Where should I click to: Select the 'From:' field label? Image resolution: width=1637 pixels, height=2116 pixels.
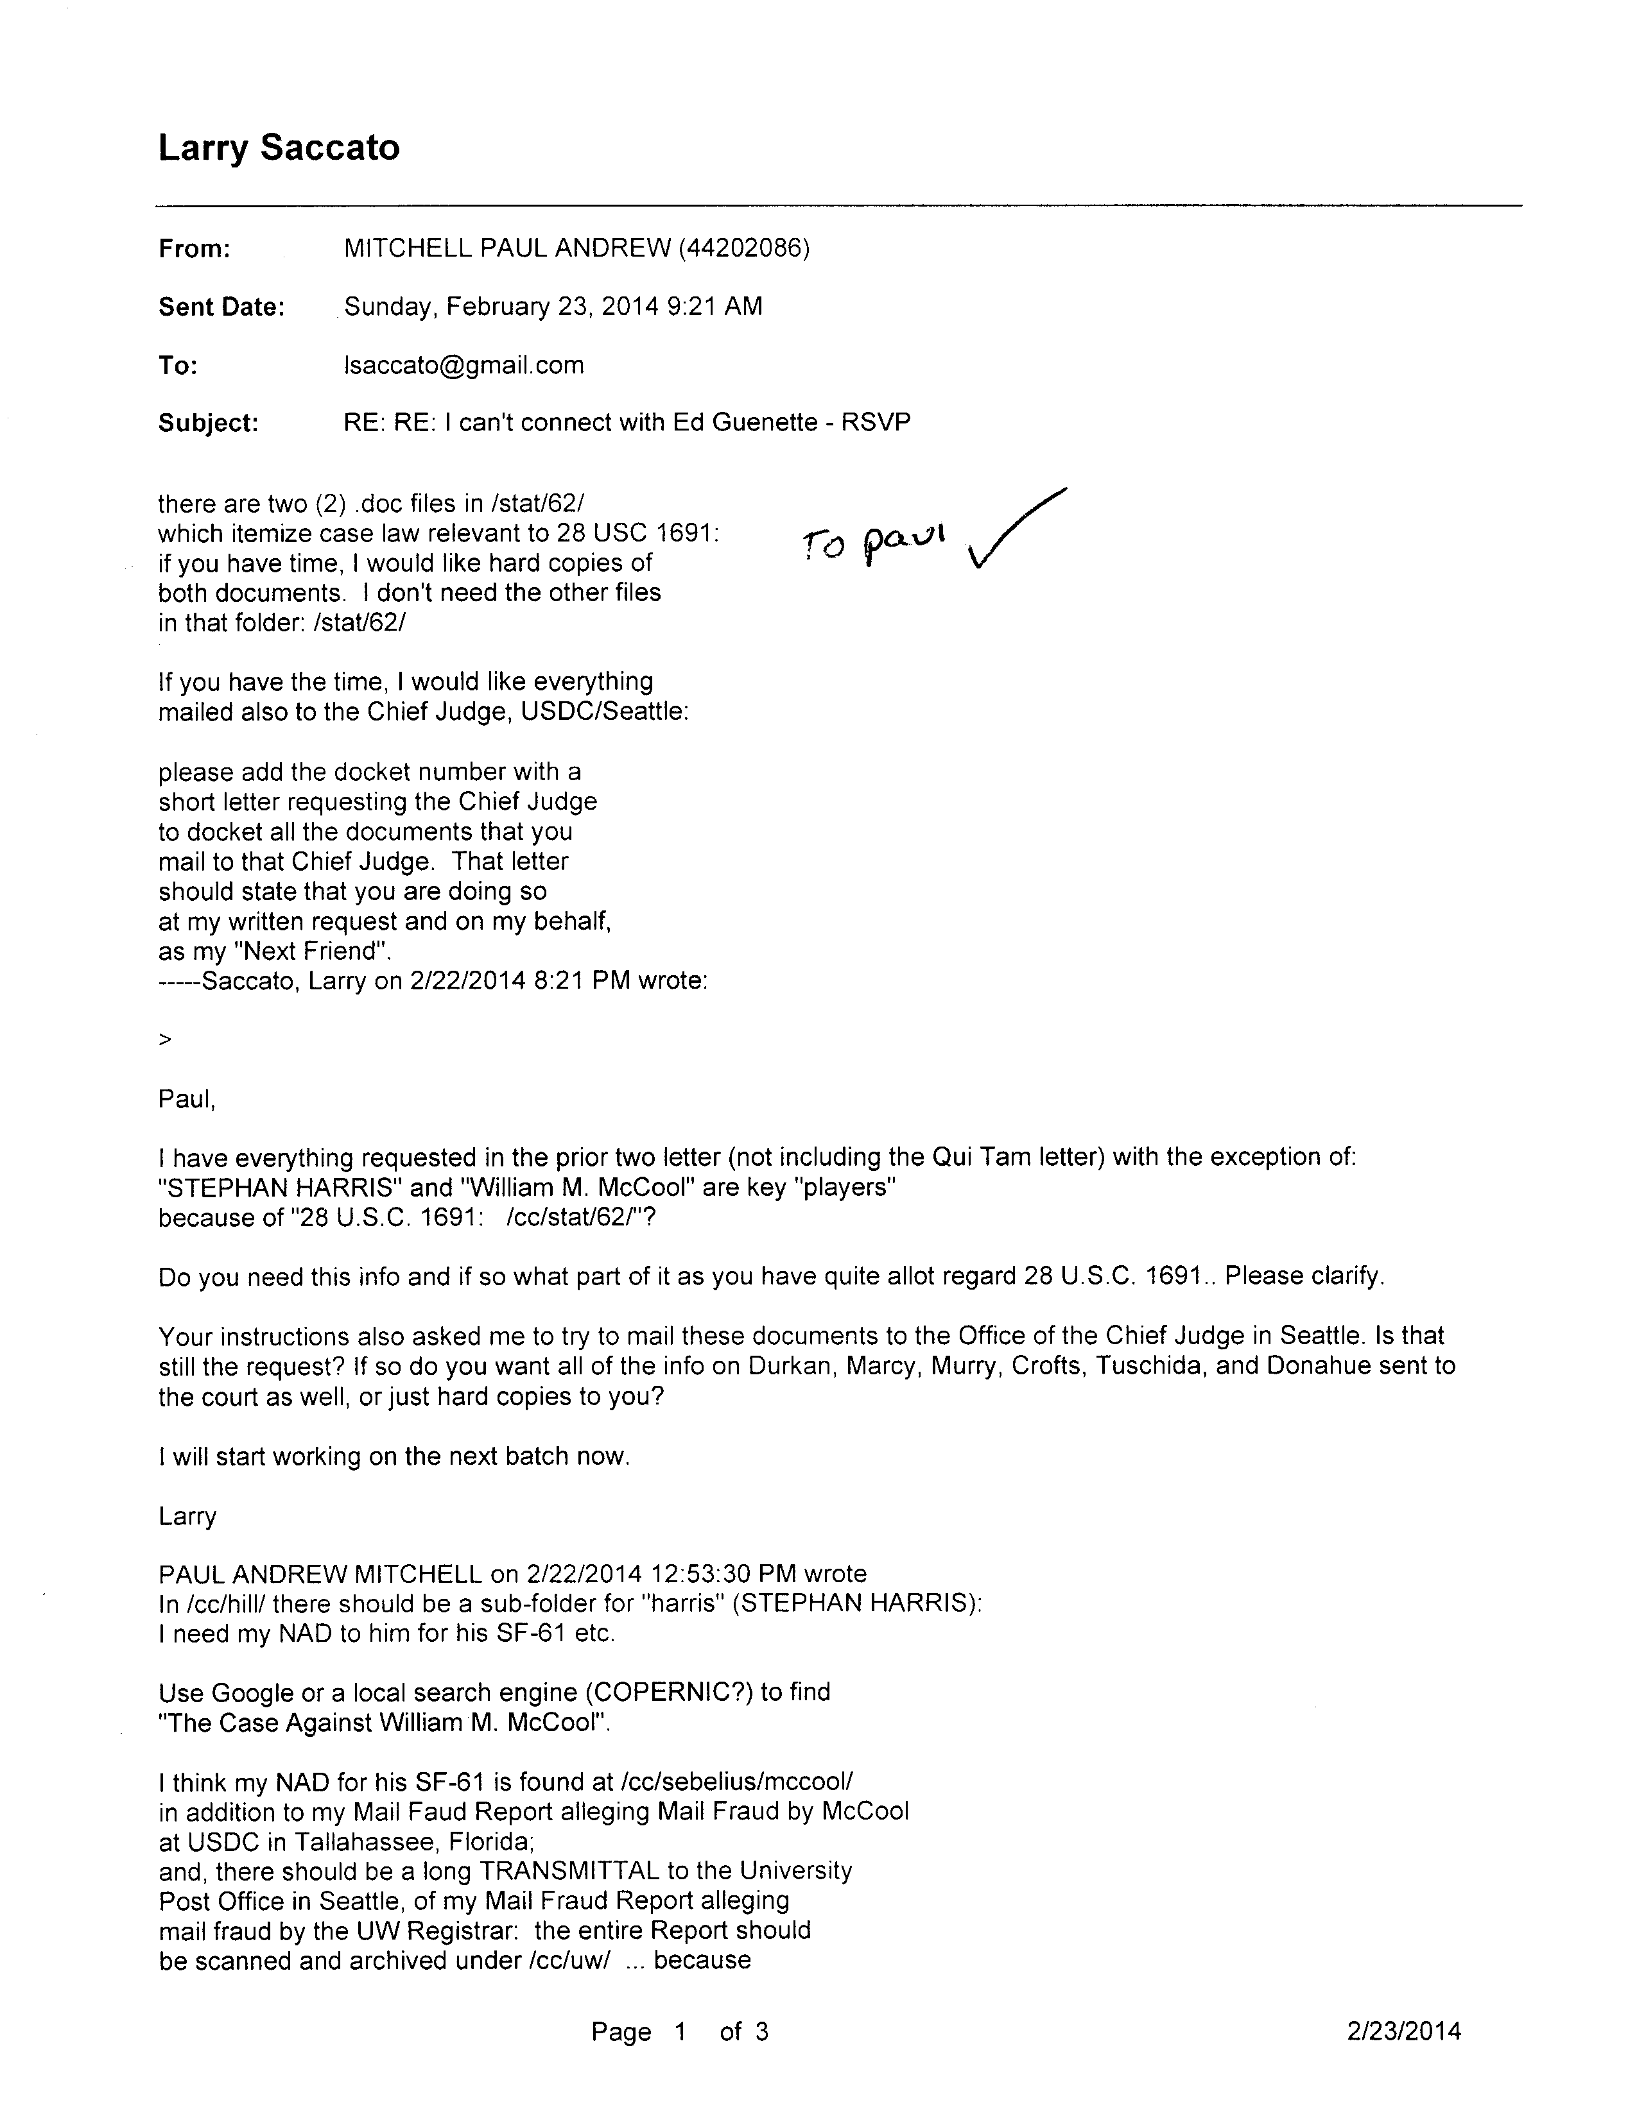(194, 249)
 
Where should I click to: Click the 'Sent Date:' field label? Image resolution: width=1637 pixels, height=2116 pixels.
(221, 307)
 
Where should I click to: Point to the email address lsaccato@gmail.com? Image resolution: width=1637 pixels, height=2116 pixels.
(463, 365)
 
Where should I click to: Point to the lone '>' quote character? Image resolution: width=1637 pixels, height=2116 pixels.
(165, 1039)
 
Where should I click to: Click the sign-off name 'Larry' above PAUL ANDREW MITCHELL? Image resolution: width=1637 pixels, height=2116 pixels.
(187, 1516)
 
